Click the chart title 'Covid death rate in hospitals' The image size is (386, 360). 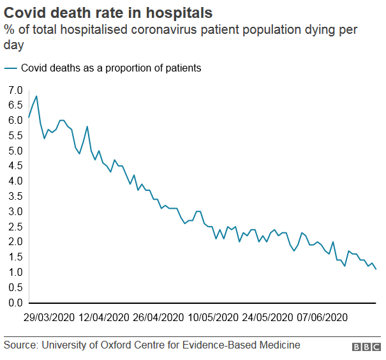[108, 12]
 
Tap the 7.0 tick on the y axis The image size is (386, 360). [15, 90]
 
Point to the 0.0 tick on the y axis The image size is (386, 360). [15, 303]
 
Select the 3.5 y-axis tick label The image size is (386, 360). [15, 197]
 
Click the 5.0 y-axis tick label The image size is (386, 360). [15, 151]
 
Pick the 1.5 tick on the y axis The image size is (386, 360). [15, 257]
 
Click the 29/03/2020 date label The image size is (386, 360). [48, 317]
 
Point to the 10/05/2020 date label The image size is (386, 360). [213, 317]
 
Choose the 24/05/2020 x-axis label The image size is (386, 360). [267, 317]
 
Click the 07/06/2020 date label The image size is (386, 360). [322, 317]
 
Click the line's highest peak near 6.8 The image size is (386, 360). [36, 96]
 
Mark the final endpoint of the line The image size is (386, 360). [376, 269]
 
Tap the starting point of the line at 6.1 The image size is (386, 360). [29, 117]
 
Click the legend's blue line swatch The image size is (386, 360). [11, 68]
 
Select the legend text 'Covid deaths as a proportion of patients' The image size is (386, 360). [111, 68]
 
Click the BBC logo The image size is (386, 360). [366, 347]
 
